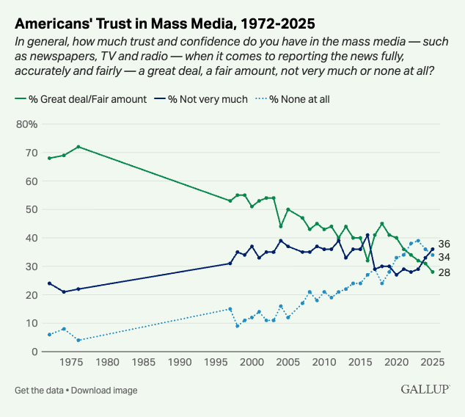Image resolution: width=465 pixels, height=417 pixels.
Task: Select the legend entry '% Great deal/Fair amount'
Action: point(81,98)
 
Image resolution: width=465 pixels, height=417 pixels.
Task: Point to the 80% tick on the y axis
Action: point(27,124)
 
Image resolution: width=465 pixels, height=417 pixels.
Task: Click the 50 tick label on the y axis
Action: point(31,209)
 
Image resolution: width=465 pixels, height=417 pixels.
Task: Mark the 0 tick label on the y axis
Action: point(34,352)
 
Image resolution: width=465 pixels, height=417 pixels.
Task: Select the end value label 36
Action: point(444,244)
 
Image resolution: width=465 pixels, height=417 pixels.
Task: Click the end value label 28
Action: point(444,272)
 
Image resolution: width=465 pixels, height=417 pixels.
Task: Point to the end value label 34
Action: point(444,257)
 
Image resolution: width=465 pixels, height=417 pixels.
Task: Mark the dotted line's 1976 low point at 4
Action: point(78,340)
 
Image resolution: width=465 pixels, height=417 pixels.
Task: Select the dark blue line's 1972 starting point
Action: point(49,283)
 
